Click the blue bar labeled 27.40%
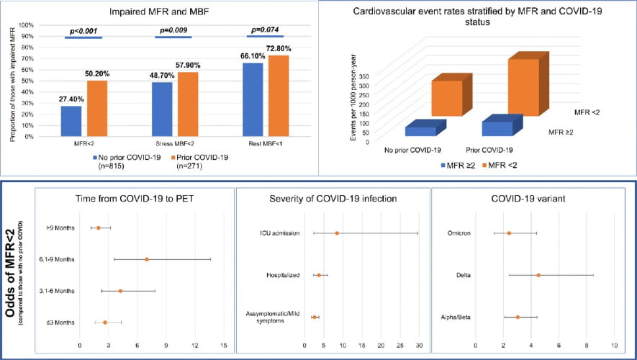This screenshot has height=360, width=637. click(x=71, y=121)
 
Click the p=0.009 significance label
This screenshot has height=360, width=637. click(x=173, y=32)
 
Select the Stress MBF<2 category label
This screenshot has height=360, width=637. click(x=173, y=144)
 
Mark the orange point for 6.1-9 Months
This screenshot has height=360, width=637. click(x=147, y=259)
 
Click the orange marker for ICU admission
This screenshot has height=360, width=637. click(x=337, y=233)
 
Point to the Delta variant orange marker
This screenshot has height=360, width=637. click(x=538, y=275)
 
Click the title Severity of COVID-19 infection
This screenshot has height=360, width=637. click(x=333, y=198)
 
